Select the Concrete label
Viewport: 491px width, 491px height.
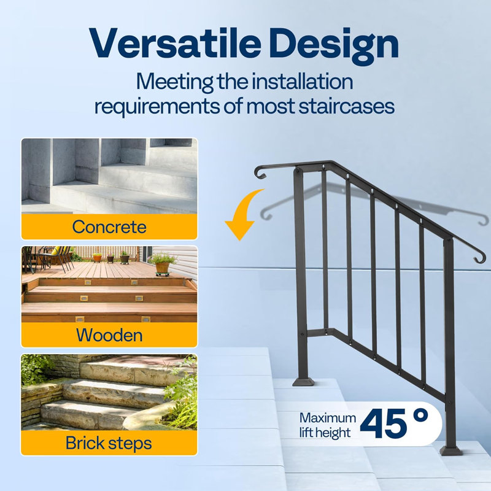coord(109,226)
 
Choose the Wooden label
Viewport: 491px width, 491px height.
coord(109,335)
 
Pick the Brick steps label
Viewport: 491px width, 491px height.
coord(109,443)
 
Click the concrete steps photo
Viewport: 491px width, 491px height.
coord(109,176)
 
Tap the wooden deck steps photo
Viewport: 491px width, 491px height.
coord(109,284)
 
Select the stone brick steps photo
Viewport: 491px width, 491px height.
coord(109,392)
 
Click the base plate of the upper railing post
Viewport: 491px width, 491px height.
coord(303,381)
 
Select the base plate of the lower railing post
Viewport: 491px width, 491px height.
coord(451,450)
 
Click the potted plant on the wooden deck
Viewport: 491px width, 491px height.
coord(162,264)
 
